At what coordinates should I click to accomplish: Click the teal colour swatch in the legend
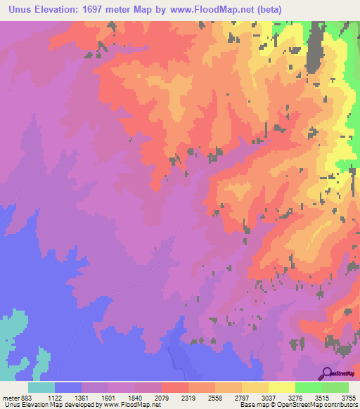(41, 388)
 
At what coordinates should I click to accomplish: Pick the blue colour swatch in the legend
(68, 388)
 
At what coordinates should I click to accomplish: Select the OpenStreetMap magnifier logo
(327, 373)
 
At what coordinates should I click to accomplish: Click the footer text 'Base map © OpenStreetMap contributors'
(297, 405)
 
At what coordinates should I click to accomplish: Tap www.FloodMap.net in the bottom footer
(129, 405)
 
